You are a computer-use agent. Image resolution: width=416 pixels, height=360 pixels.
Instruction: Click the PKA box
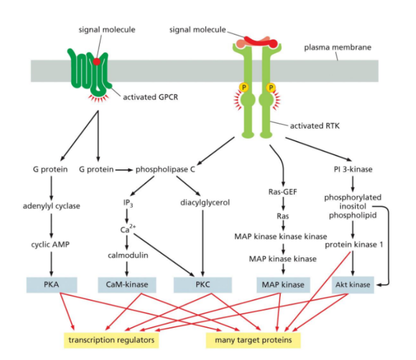click(x=52, y=284)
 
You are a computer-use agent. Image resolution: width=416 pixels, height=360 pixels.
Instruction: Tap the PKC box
click(x=202, y=284)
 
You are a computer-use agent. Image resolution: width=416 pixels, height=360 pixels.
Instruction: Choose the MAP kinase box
click(x=283, y=284)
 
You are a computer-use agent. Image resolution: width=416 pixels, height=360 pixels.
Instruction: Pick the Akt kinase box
click(x=353, y=284)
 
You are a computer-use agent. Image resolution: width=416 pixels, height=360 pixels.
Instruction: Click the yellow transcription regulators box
click(x=111, y=339)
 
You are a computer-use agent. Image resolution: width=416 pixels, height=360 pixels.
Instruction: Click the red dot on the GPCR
click(x=96, y=62)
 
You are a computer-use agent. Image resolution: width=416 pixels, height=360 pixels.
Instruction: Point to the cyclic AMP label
click(x=51, y=244)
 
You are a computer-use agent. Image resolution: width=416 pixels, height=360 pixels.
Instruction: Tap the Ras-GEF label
click(x=282, y=192)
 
